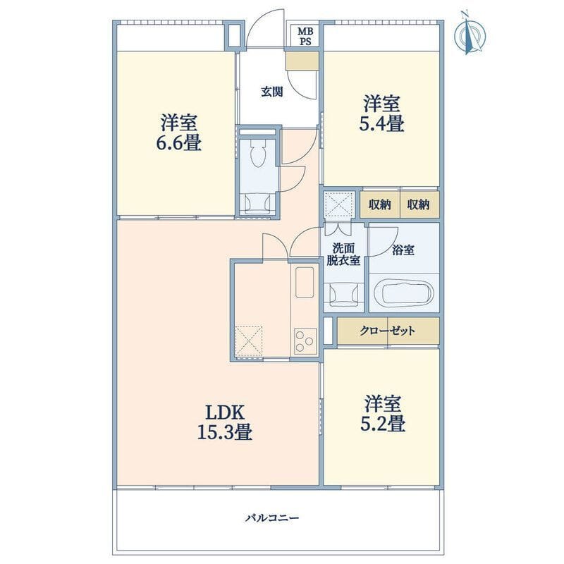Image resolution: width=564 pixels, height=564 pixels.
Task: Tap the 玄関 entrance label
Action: (271, 92)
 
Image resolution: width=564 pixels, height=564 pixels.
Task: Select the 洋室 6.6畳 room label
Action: (178, 133)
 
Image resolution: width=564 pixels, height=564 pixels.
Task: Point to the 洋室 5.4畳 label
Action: (381, 114)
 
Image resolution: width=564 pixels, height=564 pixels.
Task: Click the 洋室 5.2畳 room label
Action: (383, 414)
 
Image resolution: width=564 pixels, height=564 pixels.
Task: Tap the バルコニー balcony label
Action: (272, 518)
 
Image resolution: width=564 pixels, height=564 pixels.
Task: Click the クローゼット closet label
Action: (387, 331)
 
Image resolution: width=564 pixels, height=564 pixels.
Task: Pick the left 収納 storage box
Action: (380, 204)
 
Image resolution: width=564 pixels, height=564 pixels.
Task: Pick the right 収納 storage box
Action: (419, 204)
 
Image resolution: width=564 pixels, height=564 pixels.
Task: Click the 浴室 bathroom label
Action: (403, 250)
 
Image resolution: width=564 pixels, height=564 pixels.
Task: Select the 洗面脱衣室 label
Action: (343, 255)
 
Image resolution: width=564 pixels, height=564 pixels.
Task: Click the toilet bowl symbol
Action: (257, 154)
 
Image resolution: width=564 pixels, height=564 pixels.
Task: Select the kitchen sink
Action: (305, 283)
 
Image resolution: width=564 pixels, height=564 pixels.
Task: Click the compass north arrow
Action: (467, 32)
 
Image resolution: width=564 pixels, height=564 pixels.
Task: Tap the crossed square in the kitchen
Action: (249, 341)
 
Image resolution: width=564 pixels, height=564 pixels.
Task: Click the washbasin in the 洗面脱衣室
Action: (344, 293)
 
